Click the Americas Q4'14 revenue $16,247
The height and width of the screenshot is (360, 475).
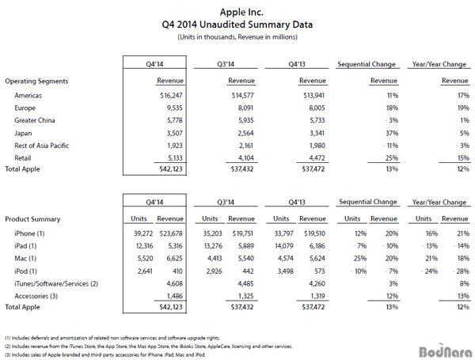tap(171, 96)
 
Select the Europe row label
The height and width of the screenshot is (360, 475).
tap(25, 108)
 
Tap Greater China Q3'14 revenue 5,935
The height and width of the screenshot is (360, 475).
tap(245, 120)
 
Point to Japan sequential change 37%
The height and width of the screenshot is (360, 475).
tap(392, 133)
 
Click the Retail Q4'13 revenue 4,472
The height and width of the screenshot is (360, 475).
tap(317, 158)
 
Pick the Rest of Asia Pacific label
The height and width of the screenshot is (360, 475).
tap(41, 146)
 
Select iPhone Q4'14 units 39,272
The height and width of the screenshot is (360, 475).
tap(143, 233)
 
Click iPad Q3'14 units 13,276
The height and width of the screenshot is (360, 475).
tap(213, 246)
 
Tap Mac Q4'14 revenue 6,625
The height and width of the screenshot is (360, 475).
tap(174, 259)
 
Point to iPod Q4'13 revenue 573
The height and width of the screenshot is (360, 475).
tap(320, 271)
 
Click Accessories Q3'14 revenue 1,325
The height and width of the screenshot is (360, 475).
tap(245, 296)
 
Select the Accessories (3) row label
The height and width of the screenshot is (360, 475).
tap(36, 296)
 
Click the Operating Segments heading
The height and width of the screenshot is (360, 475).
tap(36, 81)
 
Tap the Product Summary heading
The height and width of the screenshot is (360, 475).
tap(32, 219)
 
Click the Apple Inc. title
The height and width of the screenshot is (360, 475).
tap(241, 12)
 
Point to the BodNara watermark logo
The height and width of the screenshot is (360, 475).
tap(445, 351)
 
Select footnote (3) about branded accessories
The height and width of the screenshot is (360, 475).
tap(105, 354)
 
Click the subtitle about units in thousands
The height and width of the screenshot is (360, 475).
tap(237, 37)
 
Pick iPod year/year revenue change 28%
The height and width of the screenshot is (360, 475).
tap(462, 271)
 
